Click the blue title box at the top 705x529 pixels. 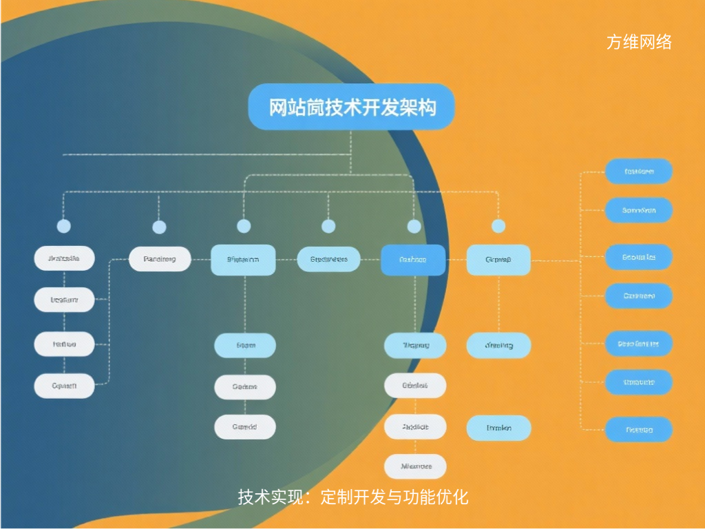[x=351, y=107]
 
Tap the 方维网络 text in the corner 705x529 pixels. [x=638, y=42]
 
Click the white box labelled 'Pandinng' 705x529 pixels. [x=160, y=259]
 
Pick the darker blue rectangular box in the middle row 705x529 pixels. [x=413, y=260]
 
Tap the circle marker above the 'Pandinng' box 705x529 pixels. [x=159, y=227]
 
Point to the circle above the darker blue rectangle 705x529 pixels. [x=414, y=226]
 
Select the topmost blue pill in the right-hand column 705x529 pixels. [x=638, y=171]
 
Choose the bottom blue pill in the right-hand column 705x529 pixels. [x=638, y=429]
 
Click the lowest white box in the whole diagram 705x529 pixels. [x=415, y=466]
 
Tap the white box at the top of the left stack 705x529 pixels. [x=64, y=259]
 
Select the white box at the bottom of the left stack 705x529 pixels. [x=64, y=386]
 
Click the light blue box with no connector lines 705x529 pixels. [x=498, y=428]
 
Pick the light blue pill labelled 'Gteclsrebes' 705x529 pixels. [x=328, y=260]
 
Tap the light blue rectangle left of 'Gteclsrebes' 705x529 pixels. [x=243, y=260]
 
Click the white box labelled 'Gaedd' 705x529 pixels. [x=244, y=427]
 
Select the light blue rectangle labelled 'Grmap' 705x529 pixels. [x=498, y=260]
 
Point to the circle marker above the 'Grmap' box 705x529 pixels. [x=498, y=226]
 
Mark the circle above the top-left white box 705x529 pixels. [x=64, y=226]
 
